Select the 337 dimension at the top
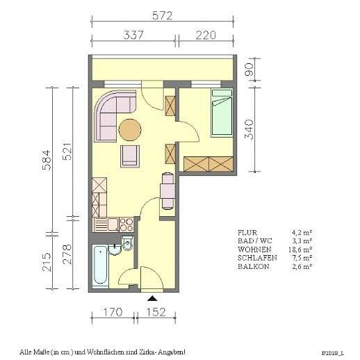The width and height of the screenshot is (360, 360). [134, 34]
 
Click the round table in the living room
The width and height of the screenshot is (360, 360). [129, 129]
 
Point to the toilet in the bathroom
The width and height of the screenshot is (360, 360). [127, 245]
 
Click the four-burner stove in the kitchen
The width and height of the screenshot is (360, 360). [126, 224]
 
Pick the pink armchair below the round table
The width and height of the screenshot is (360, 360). [130, 155]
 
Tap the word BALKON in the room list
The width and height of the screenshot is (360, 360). [249, 265]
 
